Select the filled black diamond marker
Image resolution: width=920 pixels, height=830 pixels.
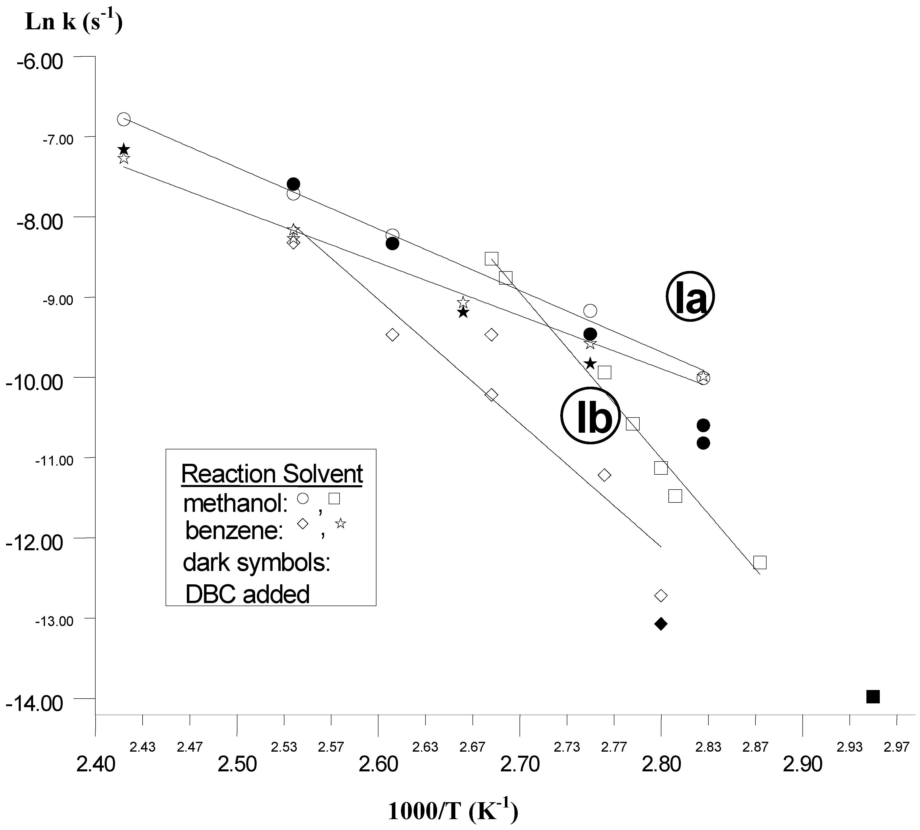(x=660, y=624)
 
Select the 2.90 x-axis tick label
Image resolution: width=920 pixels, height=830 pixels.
(x=802, y=764)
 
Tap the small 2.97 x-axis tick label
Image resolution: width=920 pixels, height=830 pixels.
(x=896, y=747)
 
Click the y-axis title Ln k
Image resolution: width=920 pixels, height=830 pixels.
(x=73, y=22)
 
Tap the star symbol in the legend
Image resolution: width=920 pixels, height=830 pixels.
(x=340, y=523)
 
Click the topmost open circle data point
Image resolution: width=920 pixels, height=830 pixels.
(x=124, y=119)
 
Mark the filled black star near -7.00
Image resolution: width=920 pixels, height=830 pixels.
(x=124, y=150)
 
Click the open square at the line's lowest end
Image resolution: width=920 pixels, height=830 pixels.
(x=759, y=562)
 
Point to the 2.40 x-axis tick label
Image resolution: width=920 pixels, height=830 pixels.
(x=95, y=764)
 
